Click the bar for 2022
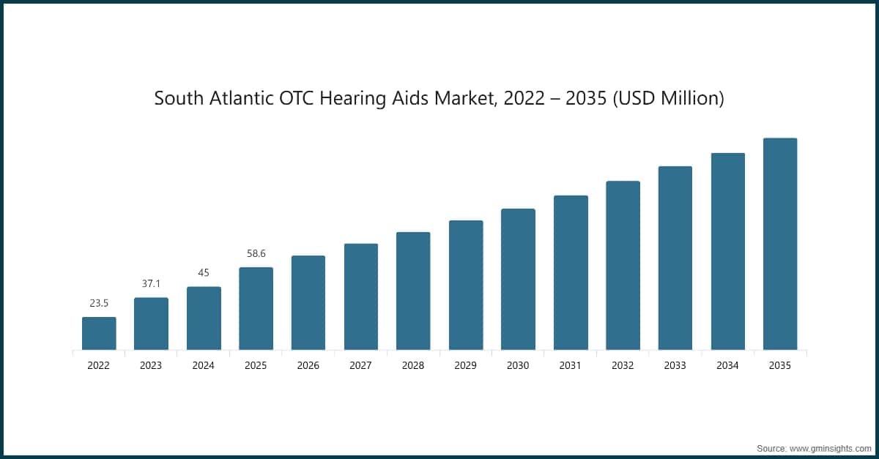click(x=99, y=333)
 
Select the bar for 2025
click(x=256, y=308)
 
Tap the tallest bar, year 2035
click(x=780, y=244)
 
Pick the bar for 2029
click(x=466, y=285)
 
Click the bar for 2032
click(x=623, y=265)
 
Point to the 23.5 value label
click(x=99, y=302)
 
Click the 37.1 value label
click(x=151, y=283)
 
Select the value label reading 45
click(x=204, y=272)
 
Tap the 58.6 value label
click(x=256, y=253)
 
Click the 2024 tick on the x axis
click(x=204, y=365)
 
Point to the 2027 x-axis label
click(x=360, y=365)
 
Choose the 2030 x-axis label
click(x=518, y=365)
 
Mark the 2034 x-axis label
click(x=727, y=365)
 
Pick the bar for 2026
click(x=308, y=302)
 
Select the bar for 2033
click(x=675, y=258)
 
